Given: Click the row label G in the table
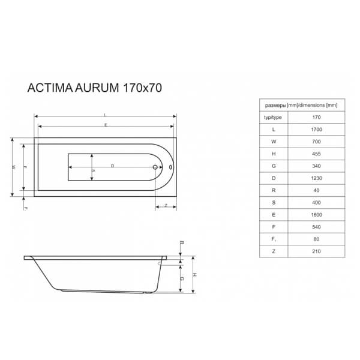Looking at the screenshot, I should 274,166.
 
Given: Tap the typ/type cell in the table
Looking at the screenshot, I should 274,116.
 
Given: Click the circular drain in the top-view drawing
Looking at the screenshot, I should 155,168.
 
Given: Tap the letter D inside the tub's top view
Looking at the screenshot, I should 112,165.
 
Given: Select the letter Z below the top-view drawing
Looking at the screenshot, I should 165,206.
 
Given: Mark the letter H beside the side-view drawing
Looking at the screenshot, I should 196,274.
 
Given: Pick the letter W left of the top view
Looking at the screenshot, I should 14,167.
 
